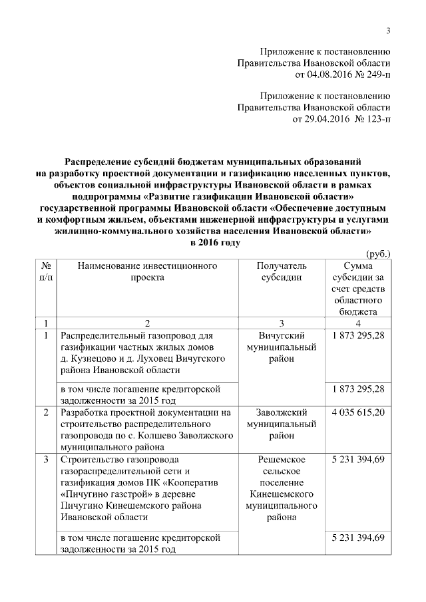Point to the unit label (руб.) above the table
tap(379, 254)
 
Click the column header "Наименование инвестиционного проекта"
tap(147, 272)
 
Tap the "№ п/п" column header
tap(47, 272)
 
